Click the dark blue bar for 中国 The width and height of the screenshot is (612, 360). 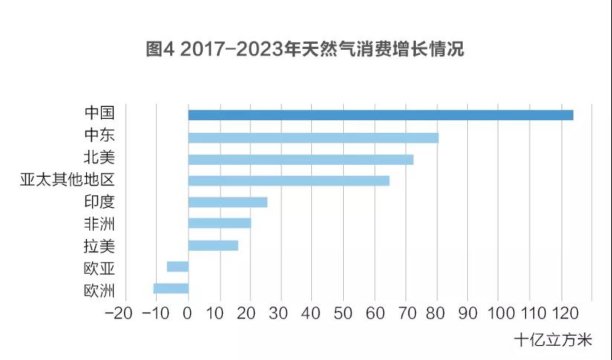380,115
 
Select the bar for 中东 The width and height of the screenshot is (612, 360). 313,137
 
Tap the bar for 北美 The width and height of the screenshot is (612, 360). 300,159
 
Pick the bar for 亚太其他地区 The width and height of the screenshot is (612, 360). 288,180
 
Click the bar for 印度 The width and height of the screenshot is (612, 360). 227,202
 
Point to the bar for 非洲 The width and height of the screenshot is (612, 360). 219,223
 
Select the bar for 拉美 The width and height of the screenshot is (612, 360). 213,246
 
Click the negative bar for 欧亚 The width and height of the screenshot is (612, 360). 178,266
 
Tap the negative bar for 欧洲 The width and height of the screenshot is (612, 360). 171,289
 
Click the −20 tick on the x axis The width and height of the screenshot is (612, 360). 120,313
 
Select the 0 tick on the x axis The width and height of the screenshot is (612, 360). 188,313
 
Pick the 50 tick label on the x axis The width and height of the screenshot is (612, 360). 343,313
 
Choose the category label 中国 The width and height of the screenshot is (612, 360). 99,114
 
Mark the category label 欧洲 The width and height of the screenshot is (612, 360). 99,289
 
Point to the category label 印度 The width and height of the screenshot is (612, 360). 99,202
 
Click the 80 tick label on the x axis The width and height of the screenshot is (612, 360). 437,313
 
